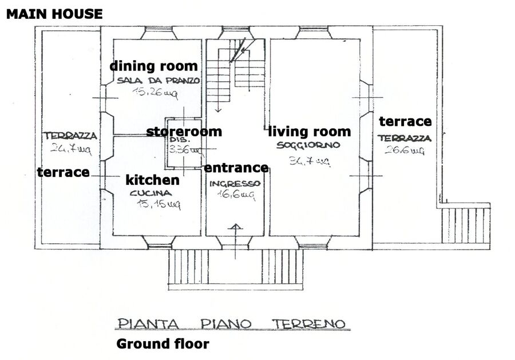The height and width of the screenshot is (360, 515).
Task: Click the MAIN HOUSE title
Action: click(54, 14)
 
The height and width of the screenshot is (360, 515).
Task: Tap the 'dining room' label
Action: click(154, 66)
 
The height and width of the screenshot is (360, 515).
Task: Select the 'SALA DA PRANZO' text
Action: click(159, 81)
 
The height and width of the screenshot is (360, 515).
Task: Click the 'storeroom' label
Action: click(184, 132)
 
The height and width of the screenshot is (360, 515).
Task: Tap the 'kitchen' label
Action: click(152, 180)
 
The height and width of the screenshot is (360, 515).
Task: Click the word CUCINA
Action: click(150, 193)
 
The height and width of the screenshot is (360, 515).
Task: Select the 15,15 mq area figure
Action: click(159, 205)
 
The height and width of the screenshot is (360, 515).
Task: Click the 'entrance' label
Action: click(236, 168)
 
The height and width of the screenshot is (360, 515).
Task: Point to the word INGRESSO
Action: click(235, 183)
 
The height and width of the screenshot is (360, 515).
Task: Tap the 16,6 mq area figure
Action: click(236, 195)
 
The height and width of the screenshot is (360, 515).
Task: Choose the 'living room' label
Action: click(310, 132)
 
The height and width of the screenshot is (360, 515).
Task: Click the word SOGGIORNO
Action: click(308, 145)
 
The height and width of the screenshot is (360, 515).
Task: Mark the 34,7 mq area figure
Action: click(310, 161)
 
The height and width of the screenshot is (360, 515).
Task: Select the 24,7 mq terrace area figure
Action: click(71, 149)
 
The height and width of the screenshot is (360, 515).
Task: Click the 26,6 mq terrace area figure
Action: click(405, 150)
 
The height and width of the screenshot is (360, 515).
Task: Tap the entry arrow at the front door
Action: click(236, 242)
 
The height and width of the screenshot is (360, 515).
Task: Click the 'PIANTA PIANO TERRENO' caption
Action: click(232, 323)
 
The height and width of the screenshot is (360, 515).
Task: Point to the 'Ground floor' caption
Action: click(163, 344)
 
